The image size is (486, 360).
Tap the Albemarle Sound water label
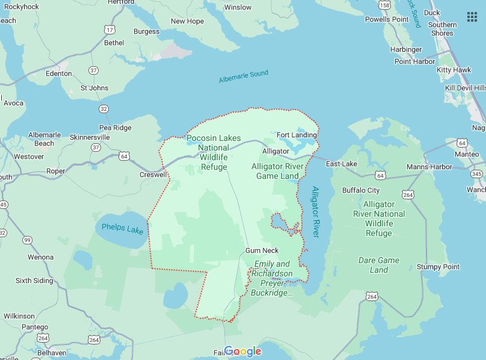(x=244, y=77)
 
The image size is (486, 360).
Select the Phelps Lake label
(x=122, y=229)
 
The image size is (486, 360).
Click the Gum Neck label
(x=262, y=250)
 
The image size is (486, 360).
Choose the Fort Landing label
(x=296, y=135)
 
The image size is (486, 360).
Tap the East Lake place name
(x=341, y=164)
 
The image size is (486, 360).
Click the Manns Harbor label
(x=429, y=167)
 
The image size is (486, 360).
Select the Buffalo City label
(x=361, y=190)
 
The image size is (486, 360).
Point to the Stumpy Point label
(x=438, y=267)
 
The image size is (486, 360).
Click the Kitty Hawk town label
(x=454, y=70)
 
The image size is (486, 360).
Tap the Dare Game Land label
(x=379, y=265)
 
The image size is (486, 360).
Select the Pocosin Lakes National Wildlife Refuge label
(x=214, y=152)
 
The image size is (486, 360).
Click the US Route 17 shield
(x=109, y=29)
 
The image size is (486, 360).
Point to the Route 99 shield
(x=27, y=240)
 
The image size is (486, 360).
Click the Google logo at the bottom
(x=243, y=352)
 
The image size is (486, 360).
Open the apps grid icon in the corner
(x=472, y=16)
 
